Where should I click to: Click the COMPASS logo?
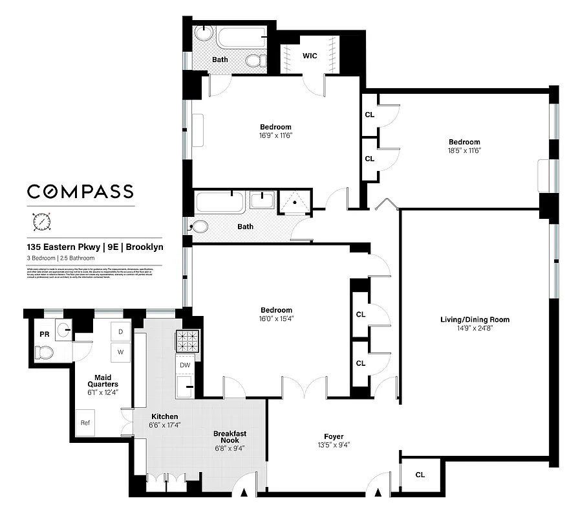point(80,191)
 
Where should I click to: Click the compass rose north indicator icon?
point(41,221)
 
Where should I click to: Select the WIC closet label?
point(310,56)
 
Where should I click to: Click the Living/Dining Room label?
point(475,319)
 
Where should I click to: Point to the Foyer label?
point(334,436)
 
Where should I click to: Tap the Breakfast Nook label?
point(230,438)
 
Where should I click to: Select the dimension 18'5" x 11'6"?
point(464,150)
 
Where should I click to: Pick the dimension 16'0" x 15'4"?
point(276,319)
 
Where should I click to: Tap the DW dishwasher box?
point(185,365)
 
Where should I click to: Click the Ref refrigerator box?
point(85,423)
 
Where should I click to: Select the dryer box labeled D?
point(120,331)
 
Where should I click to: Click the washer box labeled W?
point(120,352)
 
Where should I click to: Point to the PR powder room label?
point(44,335)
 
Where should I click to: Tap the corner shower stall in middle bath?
point(295,201)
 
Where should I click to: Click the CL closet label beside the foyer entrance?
point(420,475)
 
